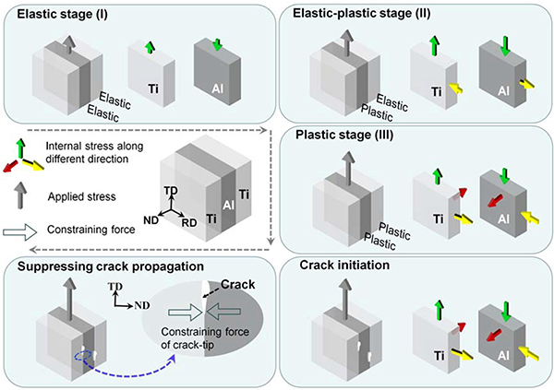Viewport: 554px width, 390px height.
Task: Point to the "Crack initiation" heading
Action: (342, 266)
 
